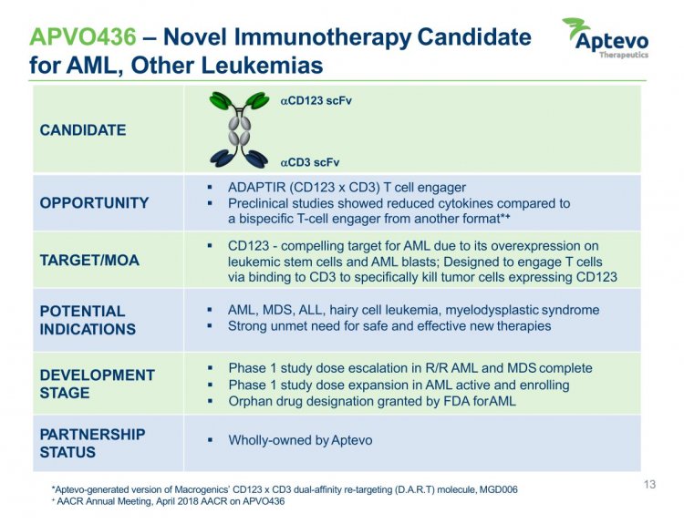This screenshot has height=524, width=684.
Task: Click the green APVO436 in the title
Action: click(x=83, y=36)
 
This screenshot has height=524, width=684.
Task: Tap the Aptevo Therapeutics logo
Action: click(x=606, y=38)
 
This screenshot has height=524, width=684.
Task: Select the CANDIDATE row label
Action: click(x=83, y=130)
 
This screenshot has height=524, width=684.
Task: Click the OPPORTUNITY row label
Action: click(x=94, y=202)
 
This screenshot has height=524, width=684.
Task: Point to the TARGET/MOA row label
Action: click(x=89, y=261)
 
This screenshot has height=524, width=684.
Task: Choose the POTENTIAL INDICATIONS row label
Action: click(x=88, y=320)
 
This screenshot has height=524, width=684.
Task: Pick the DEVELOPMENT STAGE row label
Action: click(x=98, y=384)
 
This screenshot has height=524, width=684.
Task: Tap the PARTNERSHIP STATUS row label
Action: click(x=92, y=444)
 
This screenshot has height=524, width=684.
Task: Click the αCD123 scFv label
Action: click(x=316, y=101)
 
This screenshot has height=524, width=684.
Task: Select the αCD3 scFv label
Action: click(x=310, y=162)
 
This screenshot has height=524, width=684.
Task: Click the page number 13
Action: click(x=649, y=484)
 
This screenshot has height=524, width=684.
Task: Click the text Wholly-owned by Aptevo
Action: click(x=300, y=440)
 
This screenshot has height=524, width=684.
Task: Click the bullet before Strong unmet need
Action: click(x=210, y=325)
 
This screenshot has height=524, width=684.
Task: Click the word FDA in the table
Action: click(x=456, y=401)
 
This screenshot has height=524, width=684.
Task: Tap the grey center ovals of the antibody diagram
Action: click(x=239, y=130)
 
